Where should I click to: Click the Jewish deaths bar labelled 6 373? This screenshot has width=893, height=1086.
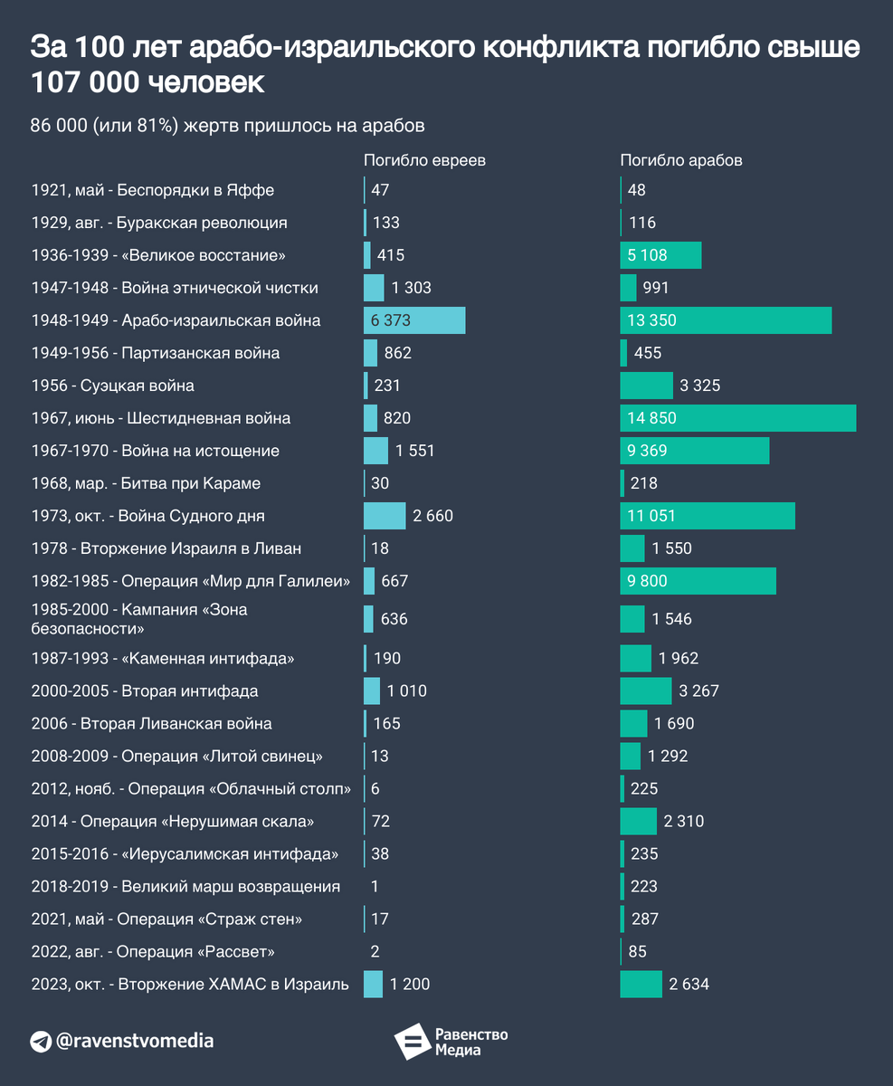click(x=414, y=320)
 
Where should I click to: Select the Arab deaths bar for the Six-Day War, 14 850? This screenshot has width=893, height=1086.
click(x=737, y=418)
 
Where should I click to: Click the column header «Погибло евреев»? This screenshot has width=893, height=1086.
click(x=424, y=160)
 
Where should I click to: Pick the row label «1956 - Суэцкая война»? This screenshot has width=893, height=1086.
click(x=112, y=386)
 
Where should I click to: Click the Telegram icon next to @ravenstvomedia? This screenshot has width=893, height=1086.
click(x=41, y=1041)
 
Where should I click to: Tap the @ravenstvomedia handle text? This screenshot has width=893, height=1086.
click(x=135, y=1041)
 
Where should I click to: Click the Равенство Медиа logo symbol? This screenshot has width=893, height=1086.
click(x=411, y=1043)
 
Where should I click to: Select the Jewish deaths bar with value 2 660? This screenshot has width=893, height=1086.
click(x=385, y=516)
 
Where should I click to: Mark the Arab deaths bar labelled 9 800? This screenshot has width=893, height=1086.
click(x=698, y=581)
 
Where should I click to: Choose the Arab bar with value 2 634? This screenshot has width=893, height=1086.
click(x=641, y=985)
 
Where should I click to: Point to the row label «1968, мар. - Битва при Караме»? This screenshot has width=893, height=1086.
click(x=146, y=483)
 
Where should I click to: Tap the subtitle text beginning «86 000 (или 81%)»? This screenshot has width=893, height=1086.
click(x=227, y=125)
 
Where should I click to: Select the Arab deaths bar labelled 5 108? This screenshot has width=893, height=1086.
click(x=660, y=255)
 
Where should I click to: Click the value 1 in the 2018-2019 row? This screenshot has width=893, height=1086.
click(x=375, y=886)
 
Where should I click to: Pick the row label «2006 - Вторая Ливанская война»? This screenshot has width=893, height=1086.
click(x=151, y=723)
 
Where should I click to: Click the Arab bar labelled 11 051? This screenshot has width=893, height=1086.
click(x=708, y=516)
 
